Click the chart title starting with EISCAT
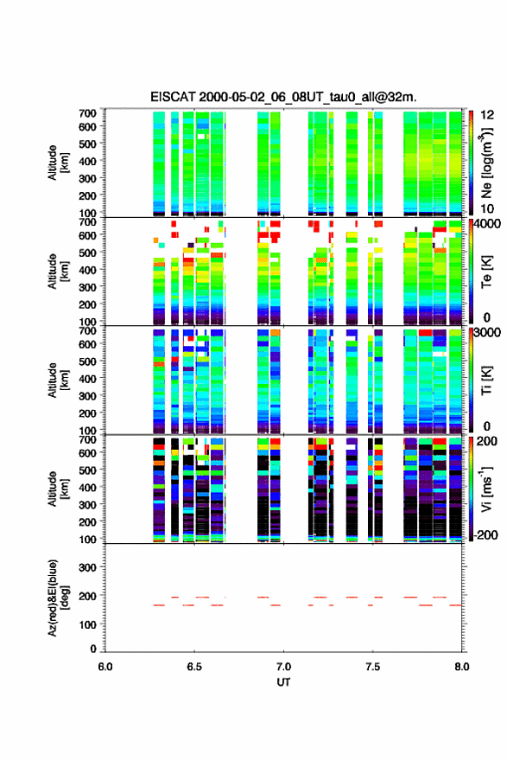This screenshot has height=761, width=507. [x=283, y=97]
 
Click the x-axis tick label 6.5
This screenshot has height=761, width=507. [x=194, y=667]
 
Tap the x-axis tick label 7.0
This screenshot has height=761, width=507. [x=283, y=667]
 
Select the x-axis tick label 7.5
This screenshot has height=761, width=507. [x=373, y=667]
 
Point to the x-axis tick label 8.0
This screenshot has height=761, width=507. [x=461, y=667]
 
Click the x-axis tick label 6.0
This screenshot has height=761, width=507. [x=105, y=667]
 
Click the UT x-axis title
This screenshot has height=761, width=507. [x=283, y=682]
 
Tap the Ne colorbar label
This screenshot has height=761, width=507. [x=486, y=163]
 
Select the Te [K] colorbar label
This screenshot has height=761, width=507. [x=486, y=272]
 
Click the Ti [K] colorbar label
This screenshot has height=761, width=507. [x=486, y=380]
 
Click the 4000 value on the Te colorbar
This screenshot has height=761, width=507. [x=487, y=225]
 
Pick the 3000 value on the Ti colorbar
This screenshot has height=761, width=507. [x=487, y=333]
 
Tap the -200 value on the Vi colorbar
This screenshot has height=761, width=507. [x=485, y=534]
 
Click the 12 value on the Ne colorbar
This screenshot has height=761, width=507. [x=487, y=115]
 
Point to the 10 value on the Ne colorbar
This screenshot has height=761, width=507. [x=487, y=208]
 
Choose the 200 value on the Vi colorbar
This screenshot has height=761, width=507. [x=487, y=441]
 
